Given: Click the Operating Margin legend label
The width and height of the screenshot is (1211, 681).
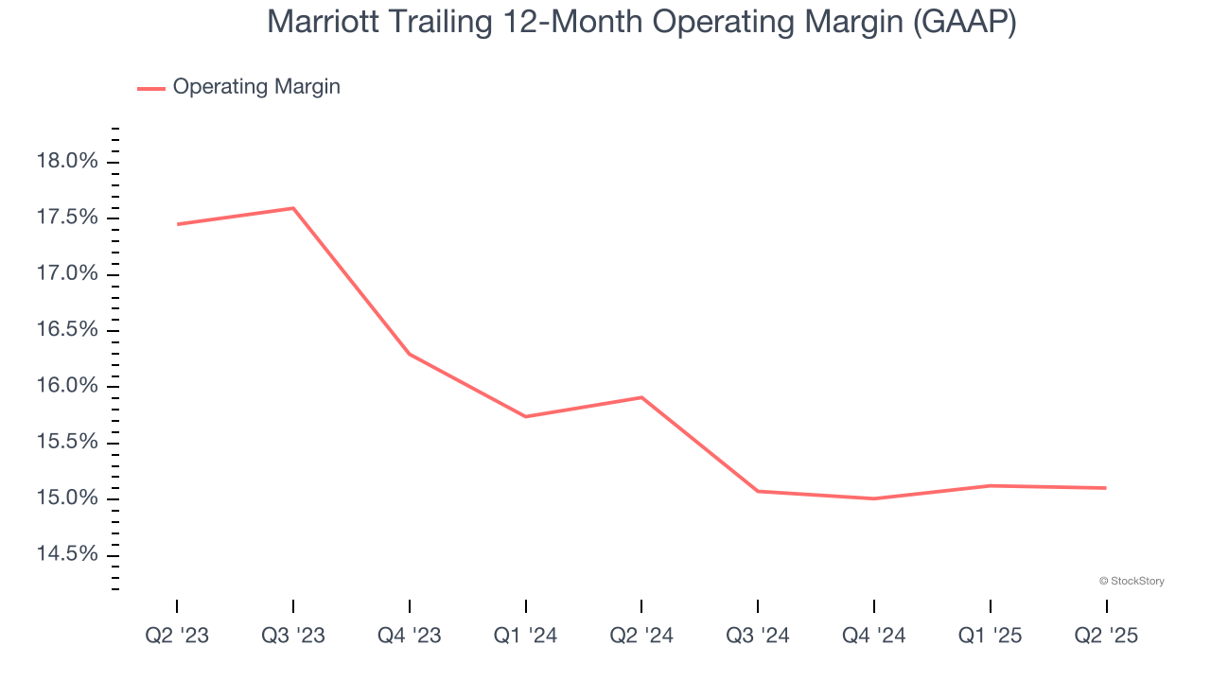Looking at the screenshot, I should [256, 87].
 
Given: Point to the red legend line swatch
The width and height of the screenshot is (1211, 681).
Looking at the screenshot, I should [151, 88].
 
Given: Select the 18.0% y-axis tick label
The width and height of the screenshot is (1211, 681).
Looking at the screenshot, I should [67, 162].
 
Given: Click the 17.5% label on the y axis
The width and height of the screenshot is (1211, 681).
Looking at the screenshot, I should [67, 218].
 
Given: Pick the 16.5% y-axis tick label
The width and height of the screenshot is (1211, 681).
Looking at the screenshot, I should [67, 330].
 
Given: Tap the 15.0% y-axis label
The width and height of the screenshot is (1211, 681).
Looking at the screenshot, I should [67, 498].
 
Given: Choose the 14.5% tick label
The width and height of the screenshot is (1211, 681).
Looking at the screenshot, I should [67, 554].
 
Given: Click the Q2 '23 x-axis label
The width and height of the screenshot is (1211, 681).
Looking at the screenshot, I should [177, 636].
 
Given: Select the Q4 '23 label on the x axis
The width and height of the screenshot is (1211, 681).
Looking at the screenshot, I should [410, 636].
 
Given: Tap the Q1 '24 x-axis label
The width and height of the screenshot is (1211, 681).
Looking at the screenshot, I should [526, 636].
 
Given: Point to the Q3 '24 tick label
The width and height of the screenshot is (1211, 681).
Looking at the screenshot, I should [758, 636].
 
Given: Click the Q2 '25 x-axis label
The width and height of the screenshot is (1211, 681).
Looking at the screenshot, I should [1106, 636].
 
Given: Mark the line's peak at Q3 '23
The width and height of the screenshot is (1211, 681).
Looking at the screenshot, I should [293, 208].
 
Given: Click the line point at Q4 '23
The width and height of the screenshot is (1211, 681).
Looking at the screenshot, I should [410, 354].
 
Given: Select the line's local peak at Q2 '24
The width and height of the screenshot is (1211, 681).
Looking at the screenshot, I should [641, 397].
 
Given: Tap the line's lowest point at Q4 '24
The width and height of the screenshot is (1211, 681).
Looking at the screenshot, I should [874, 498].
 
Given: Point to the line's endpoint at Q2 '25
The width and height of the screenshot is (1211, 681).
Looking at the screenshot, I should [1106, 488].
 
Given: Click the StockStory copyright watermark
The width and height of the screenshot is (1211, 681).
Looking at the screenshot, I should [1132, 581].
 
